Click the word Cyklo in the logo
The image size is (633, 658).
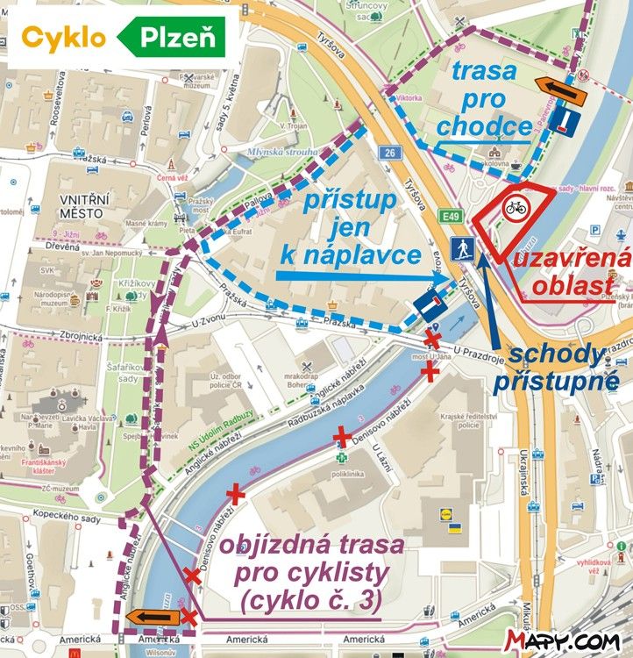click(x=64, y=38)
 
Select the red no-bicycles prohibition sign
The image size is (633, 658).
click(x=515, y=209)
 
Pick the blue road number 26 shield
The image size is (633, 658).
click(x=389, y=153)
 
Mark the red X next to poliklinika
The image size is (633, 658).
click(x=342, y=435)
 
